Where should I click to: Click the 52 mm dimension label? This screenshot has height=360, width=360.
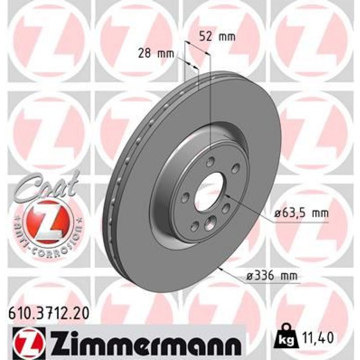click(217, 36)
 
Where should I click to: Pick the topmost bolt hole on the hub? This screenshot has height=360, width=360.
click(210, 163)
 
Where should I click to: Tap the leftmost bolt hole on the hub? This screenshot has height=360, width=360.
click(186, 197)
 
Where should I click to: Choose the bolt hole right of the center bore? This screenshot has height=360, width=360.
click(226, 208)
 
